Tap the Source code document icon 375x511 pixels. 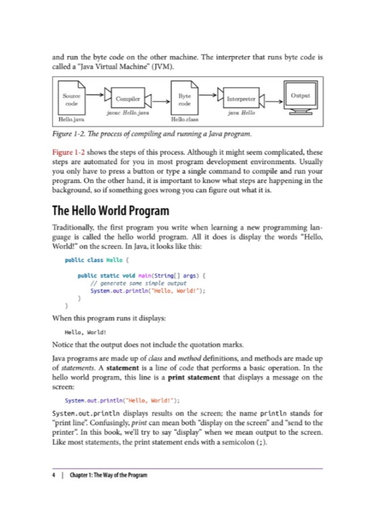72,99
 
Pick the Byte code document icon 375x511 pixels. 185,99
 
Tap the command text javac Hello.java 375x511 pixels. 128,114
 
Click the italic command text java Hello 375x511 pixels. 240,114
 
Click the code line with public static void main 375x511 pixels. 142,275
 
